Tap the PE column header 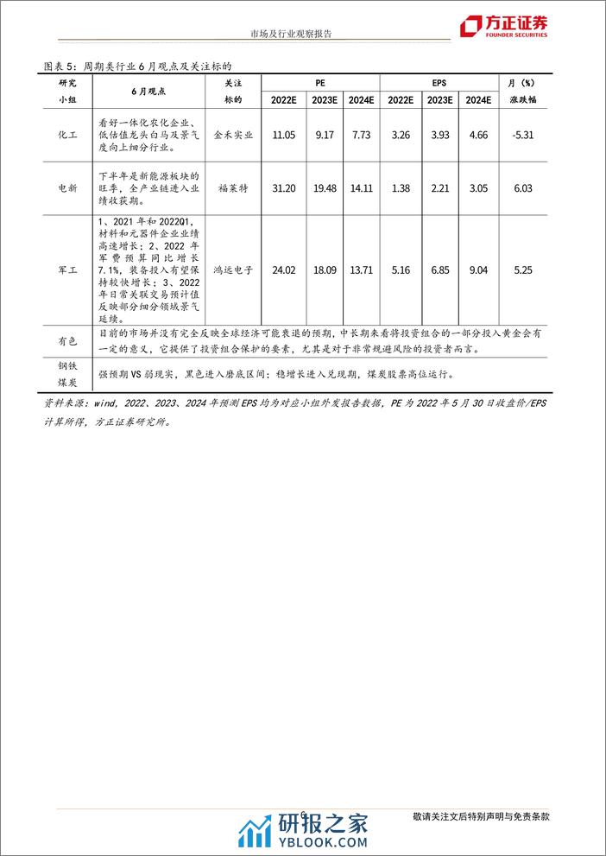click(321, 82)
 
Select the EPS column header click(439, 82)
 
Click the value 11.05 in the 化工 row click(284, 136)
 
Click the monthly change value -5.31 click(524, 136)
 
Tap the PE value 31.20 click(284, 188)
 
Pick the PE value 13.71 click(361, 270)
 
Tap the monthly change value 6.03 click(524, 188)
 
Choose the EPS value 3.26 click(401, 136)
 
